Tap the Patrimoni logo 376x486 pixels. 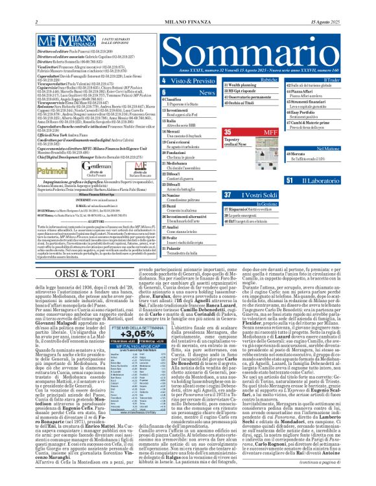pyautogui.click(x=53, y=171)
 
